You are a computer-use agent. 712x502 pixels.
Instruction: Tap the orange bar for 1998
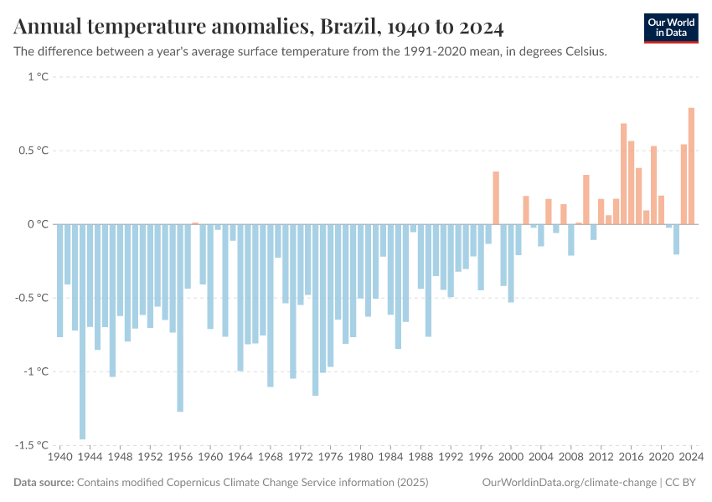pyautogui.click(x=496, y=197)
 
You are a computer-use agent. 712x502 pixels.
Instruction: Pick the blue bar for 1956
pyautogui.click(x=180, y=318)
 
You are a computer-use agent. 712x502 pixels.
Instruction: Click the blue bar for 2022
pyautogui.click(x=676, y=239)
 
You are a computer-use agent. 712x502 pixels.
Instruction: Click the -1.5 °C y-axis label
pyautogui.click(x=33, y=445)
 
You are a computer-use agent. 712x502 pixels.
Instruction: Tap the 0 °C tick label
pyautogui.click(x=39, y=224)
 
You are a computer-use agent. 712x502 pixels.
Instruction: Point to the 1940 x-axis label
pyautogui.click(x=60, y=458)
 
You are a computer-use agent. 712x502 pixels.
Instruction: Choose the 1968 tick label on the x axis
pyautogui.click(x=271, y=458)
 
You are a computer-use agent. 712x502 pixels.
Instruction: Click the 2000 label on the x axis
pyautogui.click(x=511, y=458)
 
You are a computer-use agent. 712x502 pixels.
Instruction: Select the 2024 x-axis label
pyautogui.click(x=690, y=458)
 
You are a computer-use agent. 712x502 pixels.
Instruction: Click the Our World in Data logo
pyautogui.click(x=670, y=28)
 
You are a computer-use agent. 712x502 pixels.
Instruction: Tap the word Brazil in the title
pyautogui.click(x=346, y=28)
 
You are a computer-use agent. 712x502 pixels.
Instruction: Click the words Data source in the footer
pyautogui.click(x=44, y=483)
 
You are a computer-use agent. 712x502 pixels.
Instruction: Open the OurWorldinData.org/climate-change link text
pyautogui.click(x=569, y=483)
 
